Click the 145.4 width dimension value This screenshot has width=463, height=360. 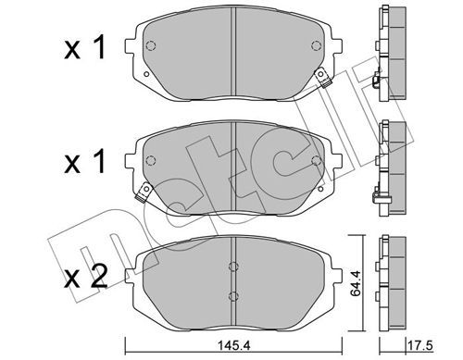pyautogui.click(x=233, y=345)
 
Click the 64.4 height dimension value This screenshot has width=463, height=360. pyautogui.click(x=356, y=283)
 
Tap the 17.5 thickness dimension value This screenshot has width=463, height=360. pyautogui.click(x=420, y=345)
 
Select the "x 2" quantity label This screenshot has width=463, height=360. pyautogui.click(x=86, y=277)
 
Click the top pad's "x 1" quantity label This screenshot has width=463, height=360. pyautogui.click(x=85, y=47)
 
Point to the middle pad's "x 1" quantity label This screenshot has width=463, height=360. pyautogui.click(x=85, y=161)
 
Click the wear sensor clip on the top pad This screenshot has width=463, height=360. pyautogui.click(x=322, y=78)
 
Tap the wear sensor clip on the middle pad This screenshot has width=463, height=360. pyautogui.click(x=144, y=192)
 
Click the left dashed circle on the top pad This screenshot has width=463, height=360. pyautogui.click(x=150, y=45)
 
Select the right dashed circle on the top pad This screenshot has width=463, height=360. pyautogui.click(x=317, y=45)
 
